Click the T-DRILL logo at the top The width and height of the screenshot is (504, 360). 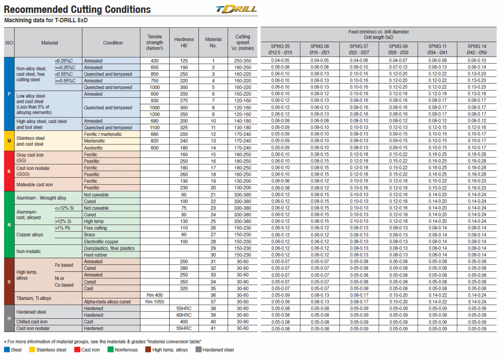click(x=237, y=9)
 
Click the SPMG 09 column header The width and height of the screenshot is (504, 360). click(x=398, y=49)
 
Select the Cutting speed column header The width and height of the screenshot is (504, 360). click(x=243, y=42)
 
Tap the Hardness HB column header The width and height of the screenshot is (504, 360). click(x=184, y=42)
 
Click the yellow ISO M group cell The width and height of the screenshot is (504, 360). click(x=9, y=141)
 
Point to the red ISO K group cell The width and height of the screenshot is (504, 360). click(x=9, y=171)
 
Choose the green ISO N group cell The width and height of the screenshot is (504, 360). click(x=9, y=225)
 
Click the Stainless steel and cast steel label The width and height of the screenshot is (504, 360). click(x=30, y=141)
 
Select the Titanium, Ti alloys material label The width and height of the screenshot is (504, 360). click(x=34, y=298)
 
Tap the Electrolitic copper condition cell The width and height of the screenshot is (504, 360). click(x=101, y=242)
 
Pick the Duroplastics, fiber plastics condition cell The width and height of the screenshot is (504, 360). click(x=109, y=248)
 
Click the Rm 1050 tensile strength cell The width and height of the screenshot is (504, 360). click(x=155, y=302)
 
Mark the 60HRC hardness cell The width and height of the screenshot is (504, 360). click(x=184, y=315)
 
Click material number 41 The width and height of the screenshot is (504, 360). click(x=213, y=328)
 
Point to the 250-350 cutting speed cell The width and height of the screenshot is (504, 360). click(x=243, y=61)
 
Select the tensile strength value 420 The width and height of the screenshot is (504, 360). click(x=155, y=61)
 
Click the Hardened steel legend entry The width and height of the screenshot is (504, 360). click(x=215, y=350)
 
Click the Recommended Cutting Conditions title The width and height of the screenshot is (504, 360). click(x=77, y=10)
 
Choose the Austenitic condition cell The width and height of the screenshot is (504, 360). click(x=94, y=148)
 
